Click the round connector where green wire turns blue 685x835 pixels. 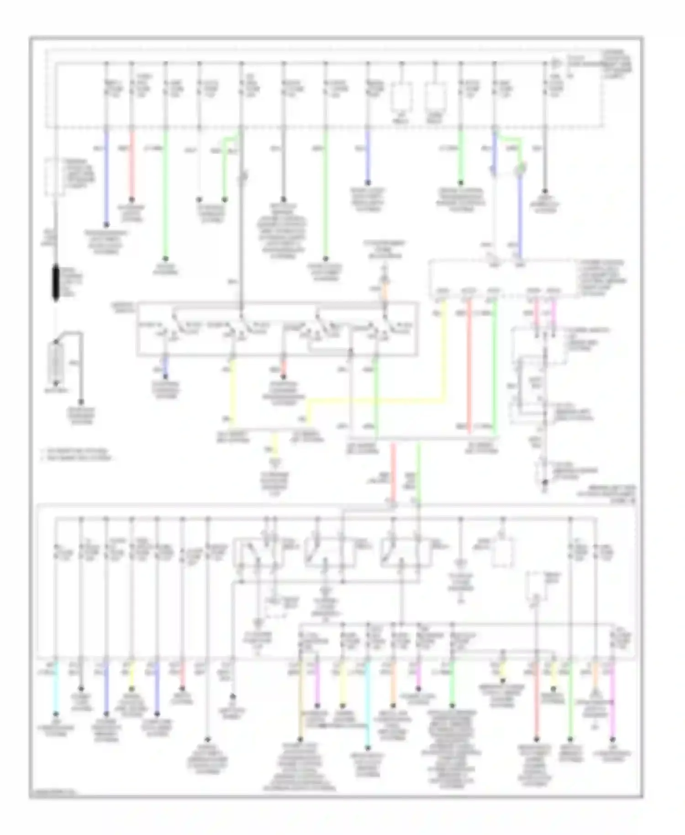click(x=520, y=170)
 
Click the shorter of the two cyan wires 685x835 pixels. click(x=56, y=685)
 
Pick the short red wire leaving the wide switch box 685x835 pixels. click(x=283, y=370)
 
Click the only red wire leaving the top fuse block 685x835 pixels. click(x=132, y=164)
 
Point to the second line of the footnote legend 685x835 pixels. click(x=78, y=458)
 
